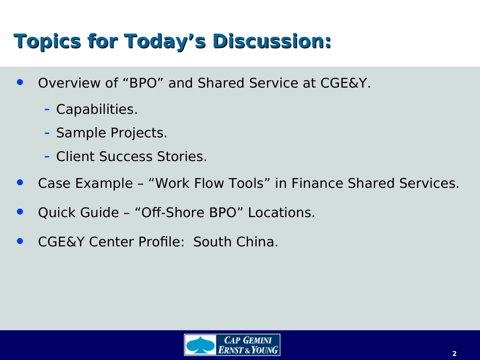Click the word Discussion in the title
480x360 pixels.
pos(272,41)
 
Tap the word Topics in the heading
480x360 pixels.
pos(47,41)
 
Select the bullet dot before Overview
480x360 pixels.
pos(20,82)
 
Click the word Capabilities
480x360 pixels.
pos(97,109)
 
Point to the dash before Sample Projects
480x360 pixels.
pos(47,133)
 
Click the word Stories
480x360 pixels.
pos(182,157)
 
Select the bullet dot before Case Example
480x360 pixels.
pos(20,182)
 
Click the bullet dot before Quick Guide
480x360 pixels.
pos(20,212)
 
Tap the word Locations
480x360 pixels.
pos(281,213)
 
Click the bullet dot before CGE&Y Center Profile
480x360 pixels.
pos(20,241)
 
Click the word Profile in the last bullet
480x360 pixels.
pos(161,242)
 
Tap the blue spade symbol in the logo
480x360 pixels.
pos(200,345)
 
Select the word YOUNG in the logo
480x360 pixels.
pos(264,350)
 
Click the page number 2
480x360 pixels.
pos(454,353)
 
